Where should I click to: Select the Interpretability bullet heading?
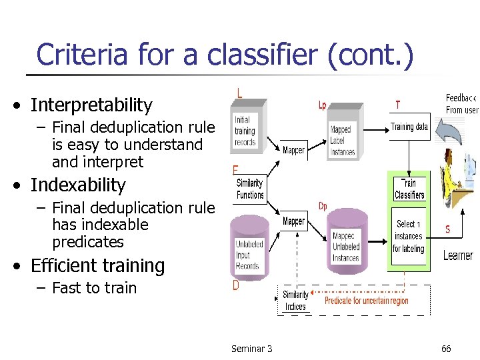[x=91, y=105]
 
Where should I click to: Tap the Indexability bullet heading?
[x=78, y=185]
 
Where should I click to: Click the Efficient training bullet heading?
[x=97, y=266]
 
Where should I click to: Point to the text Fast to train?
[x=94, y=289]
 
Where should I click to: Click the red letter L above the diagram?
[x=240, y=93]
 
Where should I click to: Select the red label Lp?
[x=322, y=105]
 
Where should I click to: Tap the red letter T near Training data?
[x=398, y=105]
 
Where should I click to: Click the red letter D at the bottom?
[x=236, y=286]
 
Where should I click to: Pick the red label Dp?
[x=323, y=205]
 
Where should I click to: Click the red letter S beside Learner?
[x=447, y=229]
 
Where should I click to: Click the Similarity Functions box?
[x=250, y=189]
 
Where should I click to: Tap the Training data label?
[x=409, y=127]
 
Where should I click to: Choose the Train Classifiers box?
[x=409, y=189]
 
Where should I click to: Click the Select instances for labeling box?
[x=408, y=237]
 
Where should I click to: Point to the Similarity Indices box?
[x=295, y=301]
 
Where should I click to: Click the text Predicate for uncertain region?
[x=366, y=301]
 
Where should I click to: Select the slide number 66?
[x=446, y=349]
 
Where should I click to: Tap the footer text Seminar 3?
[x=251, y=349]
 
